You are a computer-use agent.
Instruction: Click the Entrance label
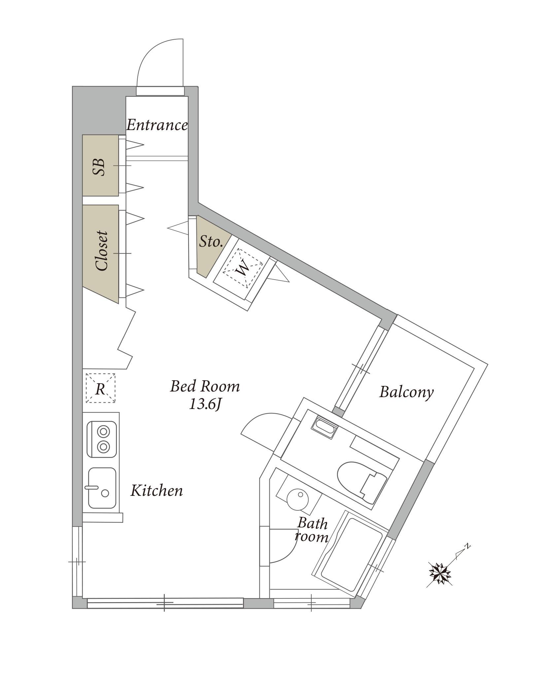click(157, 125)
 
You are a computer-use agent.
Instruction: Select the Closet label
click(101, 251)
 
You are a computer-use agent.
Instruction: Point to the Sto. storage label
click(211, 242)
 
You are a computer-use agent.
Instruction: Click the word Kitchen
click(156, 491)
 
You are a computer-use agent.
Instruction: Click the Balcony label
click(406, 393)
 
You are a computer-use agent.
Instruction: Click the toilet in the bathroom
click(362, 483)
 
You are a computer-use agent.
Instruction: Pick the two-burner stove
click(102, 439)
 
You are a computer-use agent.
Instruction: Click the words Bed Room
click(205, 386)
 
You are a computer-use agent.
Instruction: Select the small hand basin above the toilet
click(324, 428)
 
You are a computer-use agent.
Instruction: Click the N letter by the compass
click(467, 546)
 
